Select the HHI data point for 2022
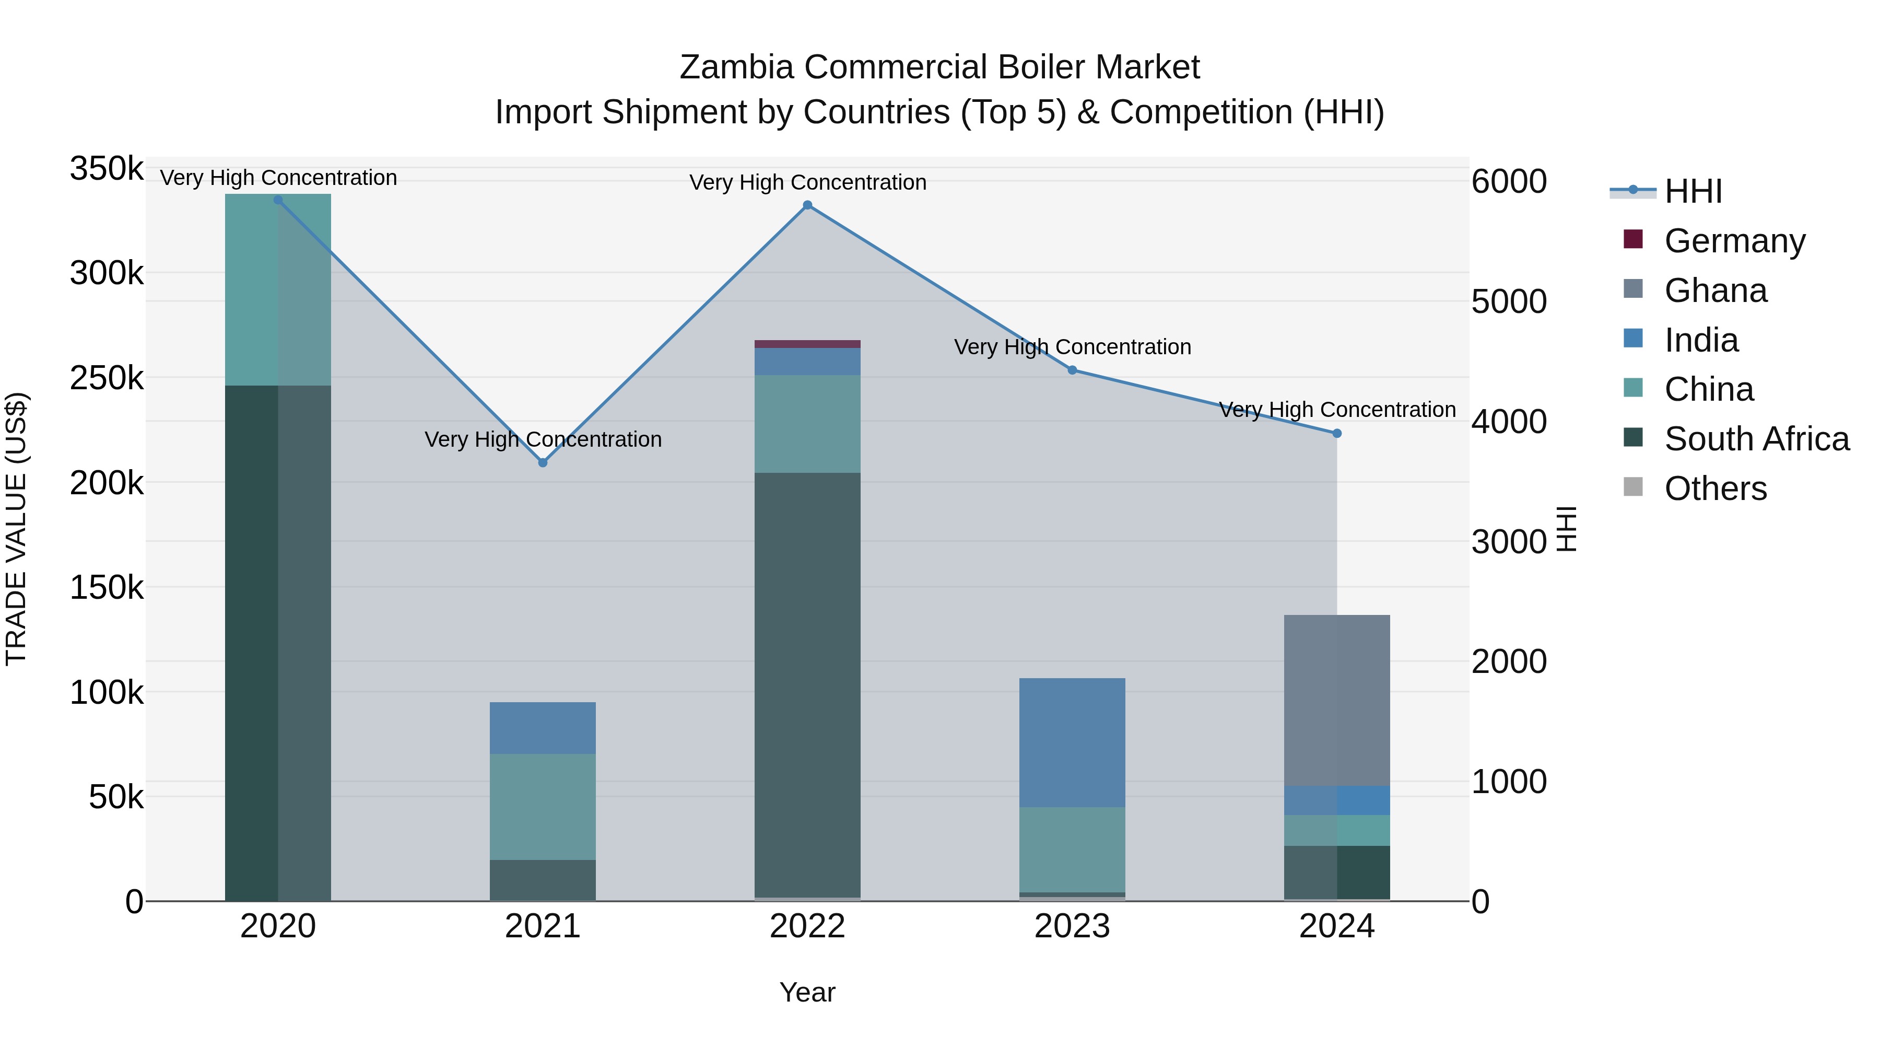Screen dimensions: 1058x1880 [807, 205]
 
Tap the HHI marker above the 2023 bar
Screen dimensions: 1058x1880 [1072, 370]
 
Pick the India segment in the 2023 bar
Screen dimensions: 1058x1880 [1072, 742]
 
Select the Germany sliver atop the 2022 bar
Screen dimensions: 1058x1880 [807, 344]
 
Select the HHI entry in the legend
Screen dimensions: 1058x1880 [1693, 191]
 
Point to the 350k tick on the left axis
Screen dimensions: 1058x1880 [107, 169]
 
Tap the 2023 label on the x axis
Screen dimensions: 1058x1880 [1072, 926]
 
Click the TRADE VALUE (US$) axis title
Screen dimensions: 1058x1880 [16, 529]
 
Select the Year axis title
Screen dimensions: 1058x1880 [807, 992]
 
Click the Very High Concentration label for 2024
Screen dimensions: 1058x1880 [1337, 410]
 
